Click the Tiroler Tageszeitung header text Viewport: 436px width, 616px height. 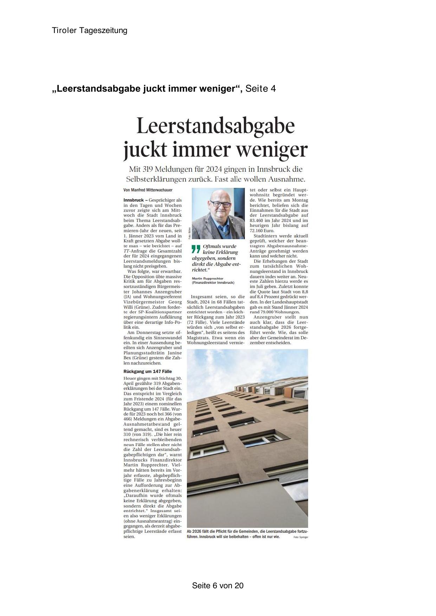tap(90, 31)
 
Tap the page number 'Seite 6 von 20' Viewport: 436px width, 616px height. tap(217, 585)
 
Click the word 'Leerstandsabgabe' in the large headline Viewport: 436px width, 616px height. tap(215, 126)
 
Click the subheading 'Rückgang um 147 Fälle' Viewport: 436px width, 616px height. tap(148, 371)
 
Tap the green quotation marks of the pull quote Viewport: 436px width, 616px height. tap(196, 249)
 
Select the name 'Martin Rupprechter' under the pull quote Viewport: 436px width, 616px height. tap(208, 278)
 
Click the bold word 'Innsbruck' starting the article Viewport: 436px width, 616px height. tap(134, 200)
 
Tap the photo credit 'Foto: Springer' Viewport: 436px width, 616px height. tap(301, 537)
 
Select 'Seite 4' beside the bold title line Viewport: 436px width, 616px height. tap(261, 89)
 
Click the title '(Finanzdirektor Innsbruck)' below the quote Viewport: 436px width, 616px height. tap(213, 283)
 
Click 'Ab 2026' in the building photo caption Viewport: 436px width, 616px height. tap(194, 532)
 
